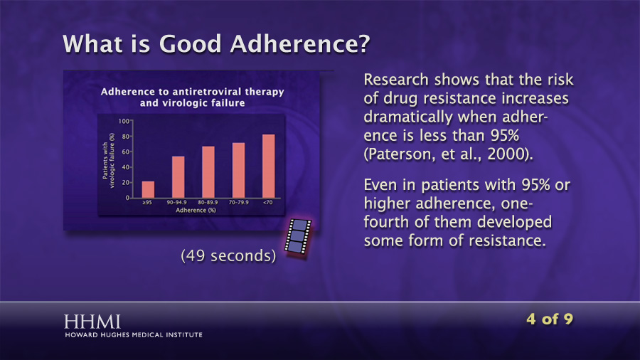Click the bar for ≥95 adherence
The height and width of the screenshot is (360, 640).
(148, 189)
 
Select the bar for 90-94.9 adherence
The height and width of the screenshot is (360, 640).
(178, 177)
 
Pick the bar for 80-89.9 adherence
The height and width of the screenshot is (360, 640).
(208, 172)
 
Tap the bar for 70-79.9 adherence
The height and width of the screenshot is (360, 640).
(238, 170)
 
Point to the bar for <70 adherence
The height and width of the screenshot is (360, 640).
(269, 166)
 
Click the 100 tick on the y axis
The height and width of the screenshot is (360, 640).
(124, 121)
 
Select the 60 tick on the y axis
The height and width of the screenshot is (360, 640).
(126, 152)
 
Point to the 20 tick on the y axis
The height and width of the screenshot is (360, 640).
(126, 182)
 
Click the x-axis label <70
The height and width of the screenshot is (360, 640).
(268, 202)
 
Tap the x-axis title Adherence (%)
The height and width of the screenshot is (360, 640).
(196, 210)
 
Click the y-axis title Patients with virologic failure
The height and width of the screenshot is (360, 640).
(108, 160)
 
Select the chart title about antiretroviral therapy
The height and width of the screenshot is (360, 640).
(192, 97)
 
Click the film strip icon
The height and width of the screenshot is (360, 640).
(297, 238)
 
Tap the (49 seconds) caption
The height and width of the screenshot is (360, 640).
(228, 256)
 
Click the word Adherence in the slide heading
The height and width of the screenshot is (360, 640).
(300, 43)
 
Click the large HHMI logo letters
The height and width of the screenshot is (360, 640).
(92, 322)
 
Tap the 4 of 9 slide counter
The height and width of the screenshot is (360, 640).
(550, 319)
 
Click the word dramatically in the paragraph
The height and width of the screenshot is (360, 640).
(408, 117)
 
